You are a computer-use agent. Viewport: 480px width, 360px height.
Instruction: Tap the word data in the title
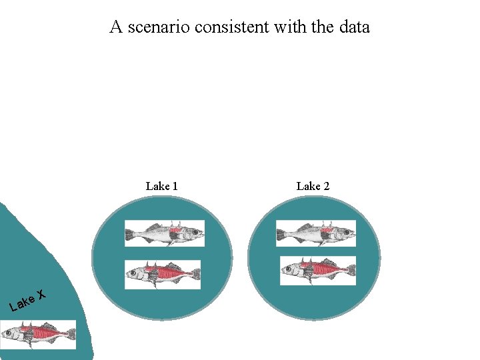pos(353,27)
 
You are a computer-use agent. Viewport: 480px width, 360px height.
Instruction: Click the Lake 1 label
pos(161,186)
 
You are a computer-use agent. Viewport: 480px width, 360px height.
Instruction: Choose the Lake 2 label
pos(313,186)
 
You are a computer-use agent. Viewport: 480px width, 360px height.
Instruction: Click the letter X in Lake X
pos(41,294)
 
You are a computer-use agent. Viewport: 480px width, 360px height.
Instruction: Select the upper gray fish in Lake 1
pos(164,233)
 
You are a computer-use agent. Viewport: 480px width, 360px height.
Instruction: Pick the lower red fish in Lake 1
pos(163,274)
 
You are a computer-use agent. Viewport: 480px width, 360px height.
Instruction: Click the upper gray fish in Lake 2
pos(315,233)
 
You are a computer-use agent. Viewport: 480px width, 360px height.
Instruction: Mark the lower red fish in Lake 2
pos(318,270)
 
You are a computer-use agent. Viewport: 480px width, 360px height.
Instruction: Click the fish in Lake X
pos(38,333)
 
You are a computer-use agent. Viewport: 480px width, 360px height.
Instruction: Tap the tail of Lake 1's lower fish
pos(194,274)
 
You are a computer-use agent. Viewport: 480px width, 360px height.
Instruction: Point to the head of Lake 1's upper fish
pos(194,234)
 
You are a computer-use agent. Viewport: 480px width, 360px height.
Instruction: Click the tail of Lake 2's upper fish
pos(283,235)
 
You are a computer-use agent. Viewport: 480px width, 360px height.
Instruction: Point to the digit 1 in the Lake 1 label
pos(174,186)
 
